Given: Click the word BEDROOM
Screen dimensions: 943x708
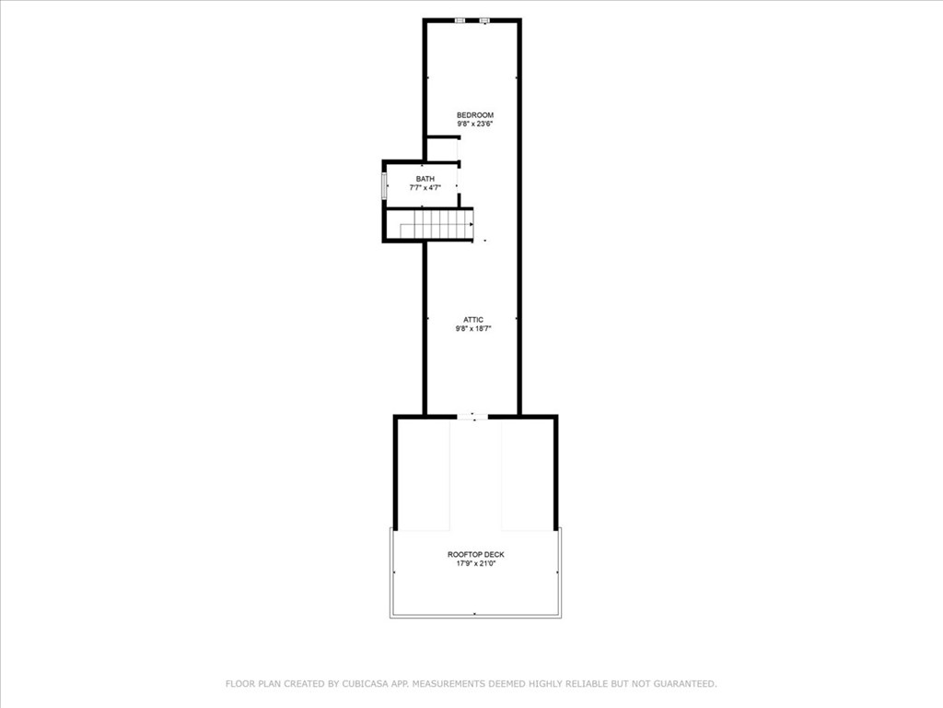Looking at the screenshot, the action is point(475,115).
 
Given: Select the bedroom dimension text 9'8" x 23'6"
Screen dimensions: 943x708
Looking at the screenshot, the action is point(475,124).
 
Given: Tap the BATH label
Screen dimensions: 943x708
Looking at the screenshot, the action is point(425,179).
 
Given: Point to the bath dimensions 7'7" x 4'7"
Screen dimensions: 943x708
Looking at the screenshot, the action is point(425,188).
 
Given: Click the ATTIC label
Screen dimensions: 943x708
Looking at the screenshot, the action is point(473,320).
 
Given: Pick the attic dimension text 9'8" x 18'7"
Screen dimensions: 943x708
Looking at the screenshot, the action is point(473,329).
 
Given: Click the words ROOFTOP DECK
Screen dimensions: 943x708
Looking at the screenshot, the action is point(476,554).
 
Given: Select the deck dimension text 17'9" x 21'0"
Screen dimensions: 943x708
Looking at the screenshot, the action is point(476,563).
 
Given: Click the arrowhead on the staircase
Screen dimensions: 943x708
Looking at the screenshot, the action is point(471,225).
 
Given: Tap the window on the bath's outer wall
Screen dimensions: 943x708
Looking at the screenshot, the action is point(384,186).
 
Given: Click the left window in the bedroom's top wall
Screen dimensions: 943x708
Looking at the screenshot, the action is point(460,20).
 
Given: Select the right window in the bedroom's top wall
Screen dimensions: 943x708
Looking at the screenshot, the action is point(484,20).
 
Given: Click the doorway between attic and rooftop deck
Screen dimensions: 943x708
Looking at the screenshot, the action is point(472,416).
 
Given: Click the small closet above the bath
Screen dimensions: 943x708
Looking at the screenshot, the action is point(442,150).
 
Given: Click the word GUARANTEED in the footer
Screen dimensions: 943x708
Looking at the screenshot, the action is point(684,684).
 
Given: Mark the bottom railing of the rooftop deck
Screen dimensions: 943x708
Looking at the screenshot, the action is point(476,615).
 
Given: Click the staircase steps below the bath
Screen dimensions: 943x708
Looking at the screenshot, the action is point(437,225).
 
